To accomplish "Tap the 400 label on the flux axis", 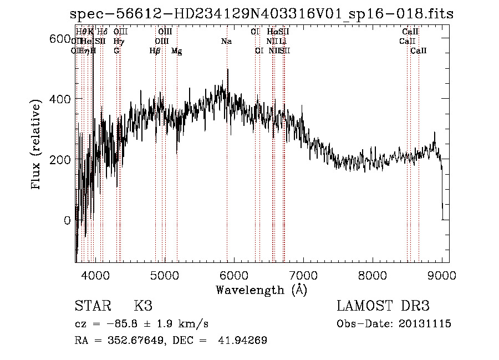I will tap(60, 99).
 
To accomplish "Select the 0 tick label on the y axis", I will tap(67, 220).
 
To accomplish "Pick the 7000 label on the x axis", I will tap(303, 275).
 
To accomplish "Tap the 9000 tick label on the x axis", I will tap(442, 275).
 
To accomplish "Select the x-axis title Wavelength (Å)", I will tap(261, 290).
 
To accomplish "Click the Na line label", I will tap(226, 41).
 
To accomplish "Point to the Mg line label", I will tap(176, 51).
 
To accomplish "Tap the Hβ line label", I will tap(155, 51).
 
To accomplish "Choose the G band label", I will tap(116, 50).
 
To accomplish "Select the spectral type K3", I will tap(143, 306).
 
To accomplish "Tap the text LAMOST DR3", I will tap(383, 306).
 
